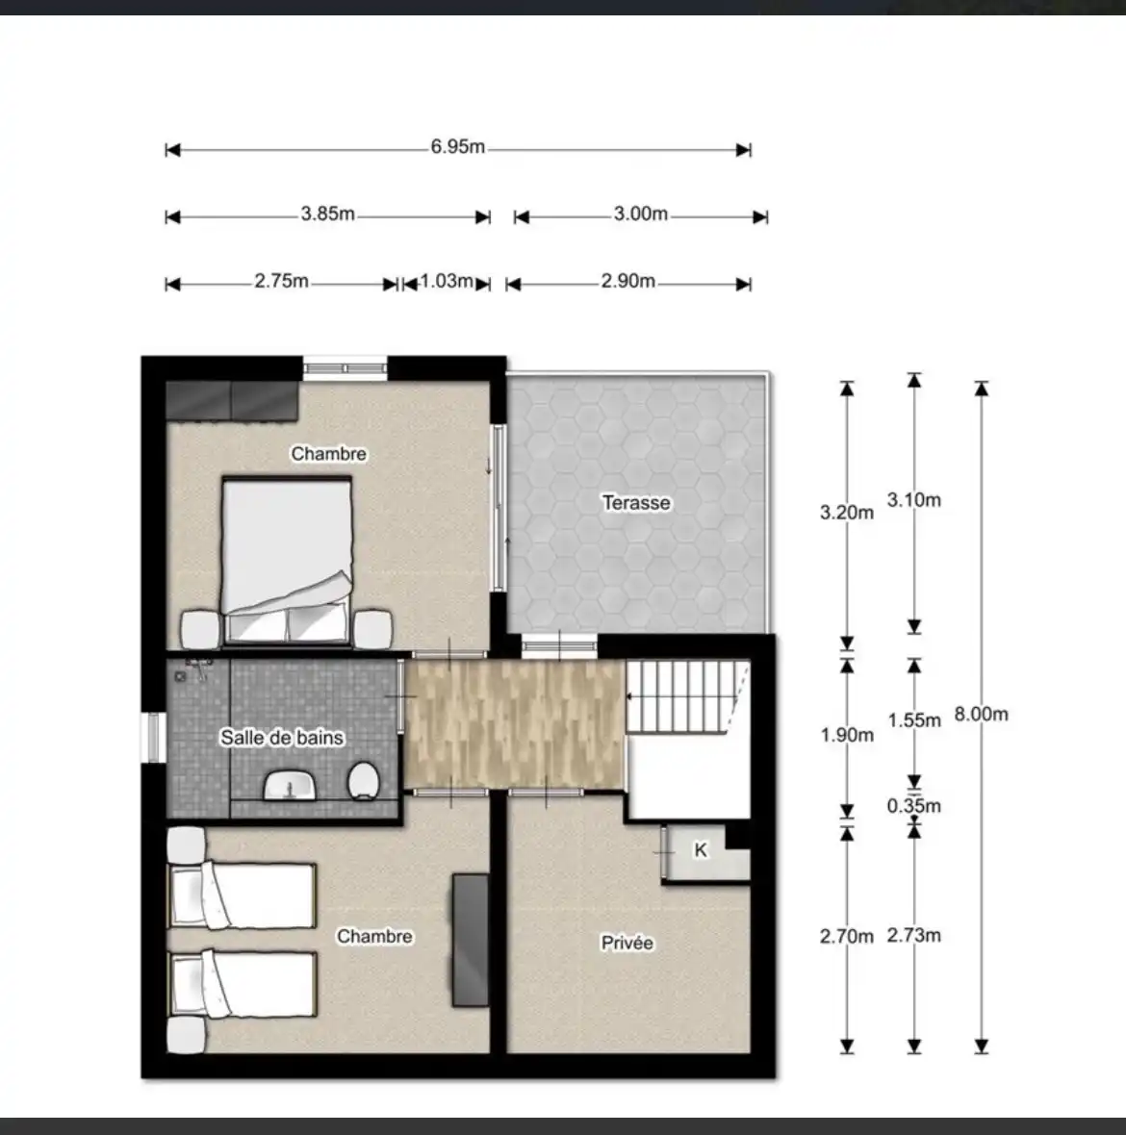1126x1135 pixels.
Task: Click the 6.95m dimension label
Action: [x=458, y=147]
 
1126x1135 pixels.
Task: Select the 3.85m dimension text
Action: [x=328, y=214]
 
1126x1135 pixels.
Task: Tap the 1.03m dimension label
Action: [x=447, y=281]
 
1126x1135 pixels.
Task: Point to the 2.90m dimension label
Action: [x=627, y=281]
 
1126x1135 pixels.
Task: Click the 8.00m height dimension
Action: [x=982, y=715]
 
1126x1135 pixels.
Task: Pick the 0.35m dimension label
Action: [x=914, y=806]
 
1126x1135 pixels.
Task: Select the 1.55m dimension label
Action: [x=914, y=720]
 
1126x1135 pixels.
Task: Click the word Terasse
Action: [x=636, y=502]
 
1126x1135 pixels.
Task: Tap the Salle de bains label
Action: [x=282, y=738]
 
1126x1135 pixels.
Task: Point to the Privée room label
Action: [x=627, y=943]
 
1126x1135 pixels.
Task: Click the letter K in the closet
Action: [x=701, y=849]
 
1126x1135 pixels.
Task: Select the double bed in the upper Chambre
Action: [x=287, y=561]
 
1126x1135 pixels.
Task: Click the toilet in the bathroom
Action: [x=364, y=781]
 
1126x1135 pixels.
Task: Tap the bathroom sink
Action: [x=291, y=786]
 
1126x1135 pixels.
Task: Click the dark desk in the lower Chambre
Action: [x=471, y=940]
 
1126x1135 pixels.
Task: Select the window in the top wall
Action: [x=345, y=368]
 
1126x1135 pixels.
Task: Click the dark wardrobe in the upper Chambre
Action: [x=233, y=400]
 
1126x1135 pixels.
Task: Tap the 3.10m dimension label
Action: [x=914, y=499]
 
